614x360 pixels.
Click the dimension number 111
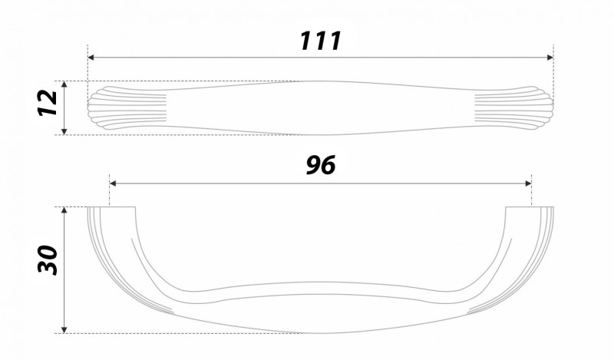pos(321,41)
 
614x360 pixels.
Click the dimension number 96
pos(321,165)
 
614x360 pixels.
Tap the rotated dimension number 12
pos(48,103)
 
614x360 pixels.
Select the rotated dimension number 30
pos(48,259)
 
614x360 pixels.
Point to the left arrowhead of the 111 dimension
pos(91,58)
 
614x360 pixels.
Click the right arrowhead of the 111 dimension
pos(550,58)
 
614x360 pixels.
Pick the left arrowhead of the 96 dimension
pos(113,183)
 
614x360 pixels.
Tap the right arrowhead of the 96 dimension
pos(528,183)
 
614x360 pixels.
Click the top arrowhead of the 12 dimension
pos(64,84)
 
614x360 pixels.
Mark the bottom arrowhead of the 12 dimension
pos(64,131)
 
